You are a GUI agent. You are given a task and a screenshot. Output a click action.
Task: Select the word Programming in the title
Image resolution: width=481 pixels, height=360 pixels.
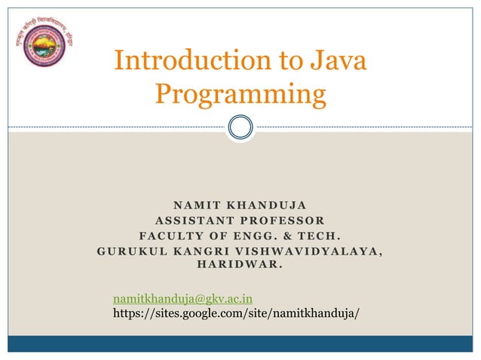coord(240,94)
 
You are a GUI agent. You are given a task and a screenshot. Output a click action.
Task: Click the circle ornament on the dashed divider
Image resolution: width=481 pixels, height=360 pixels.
coord(240,126)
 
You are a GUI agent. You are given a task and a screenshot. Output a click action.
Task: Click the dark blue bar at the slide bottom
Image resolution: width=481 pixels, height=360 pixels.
coord(240,343)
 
